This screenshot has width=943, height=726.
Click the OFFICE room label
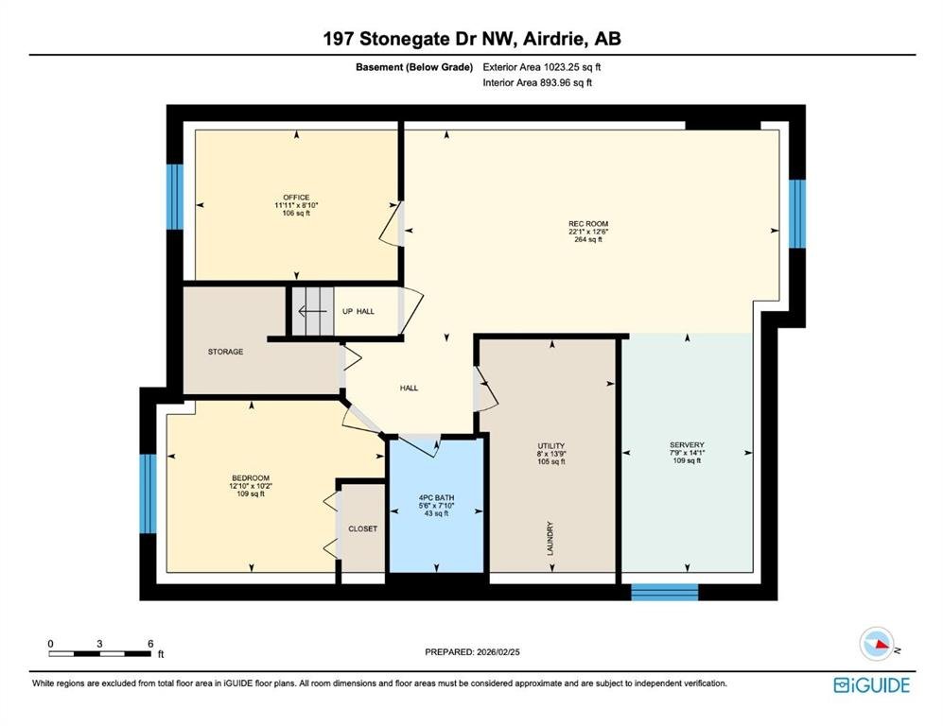click(296, 198)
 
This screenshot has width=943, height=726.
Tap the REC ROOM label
click(588, 224)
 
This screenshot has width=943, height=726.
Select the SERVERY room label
click(687, 444)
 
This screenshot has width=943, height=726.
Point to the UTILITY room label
click(551, 446)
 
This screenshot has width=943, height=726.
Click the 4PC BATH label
click(437, 497)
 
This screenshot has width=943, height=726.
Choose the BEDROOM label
click(251, 477)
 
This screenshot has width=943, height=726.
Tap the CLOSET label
click(362, 528)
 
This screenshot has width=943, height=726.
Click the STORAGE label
click(225, 352)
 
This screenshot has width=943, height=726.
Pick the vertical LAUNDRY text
click(550, 539)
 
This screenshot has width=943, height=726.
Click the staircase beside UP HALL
click(313, 311)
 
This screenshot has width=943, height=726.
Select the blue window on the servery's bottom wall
click(665, 592)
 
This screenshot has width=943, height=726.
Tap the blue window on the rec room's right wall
click(796, 214)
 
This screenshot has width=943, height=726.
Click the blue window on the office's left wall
click(174, 197)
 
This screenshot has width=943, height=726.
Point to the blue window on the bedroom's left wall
click(148, 493)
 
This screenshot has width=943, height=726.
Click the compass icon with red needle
click(877, 644)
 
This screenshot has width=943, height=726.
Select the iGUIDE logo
click(871, 685)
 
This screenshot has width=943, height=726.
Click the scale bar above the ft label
click(100, 653)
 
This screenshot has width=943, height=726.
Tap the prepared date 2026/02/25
click(498, 652)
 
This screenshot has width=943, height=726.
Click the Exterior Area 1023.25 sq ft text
click(542, 67)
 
